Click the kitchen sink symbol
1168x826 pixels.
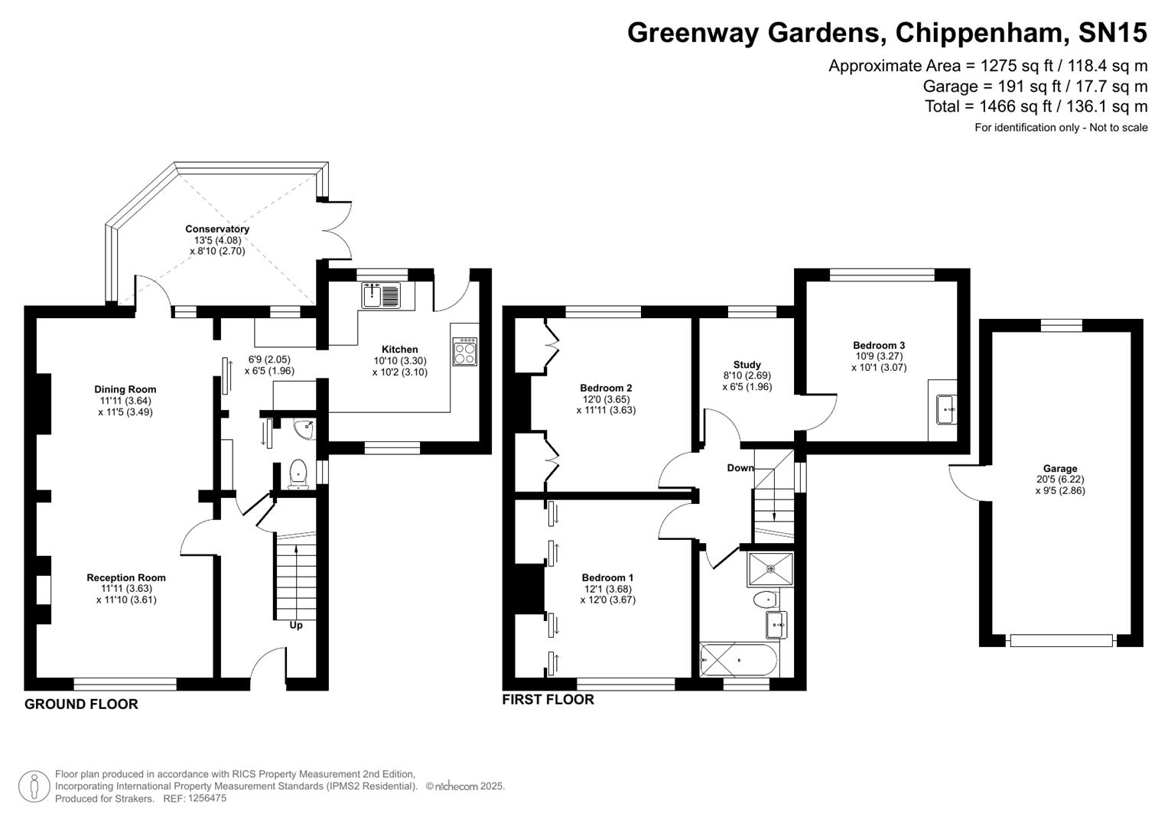[x=381, y=294]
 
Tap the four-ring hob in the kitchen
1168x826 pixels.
[x=464, y=351]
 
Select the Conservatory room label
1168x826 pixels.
[x=217, y=229]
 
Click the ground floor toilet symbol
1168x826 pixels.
[x=298, y=473]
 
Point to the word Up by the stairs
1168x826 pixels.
[x=296, y=625]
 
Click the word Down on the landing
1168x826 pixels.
[x=740, y=467]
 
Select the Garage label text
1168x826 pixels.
[x=1059, y=469]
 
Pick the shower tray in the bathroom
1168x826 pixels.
[x=771, y=569]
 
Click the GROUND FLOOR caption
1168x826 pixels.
[x=81, y=704]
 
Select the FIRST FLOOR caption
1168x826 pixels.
[x=548, y=699]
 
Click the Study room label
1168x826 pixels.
[x=747, y=365]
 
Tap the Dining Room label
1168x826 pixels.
[x=125, y=389]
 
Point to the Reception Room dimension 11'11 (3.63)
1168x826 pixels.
[x=126, y=589]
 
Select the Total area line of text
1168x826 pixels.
[x=1036, y=106]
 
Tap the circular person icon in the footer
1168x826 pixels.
[x=34, y=786]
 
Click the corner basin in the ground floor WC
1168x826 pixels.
[x=305, y=428]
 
